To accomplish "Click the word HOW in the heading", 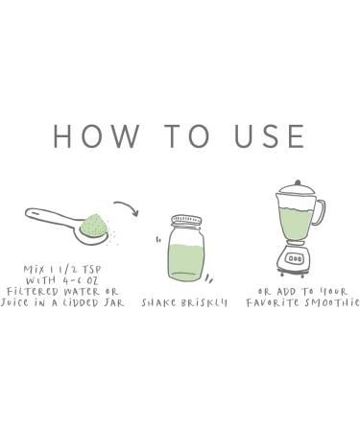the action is pos(96,136).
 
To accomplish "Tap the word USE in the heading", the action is pos(270,136).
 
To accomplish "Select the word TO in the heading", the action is pos(187,136).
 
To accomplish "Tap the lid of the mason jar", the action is pos(187,221).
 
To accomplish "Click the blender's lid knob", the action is pos(298,182).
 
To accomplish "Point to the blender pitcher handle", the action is pos(321,212).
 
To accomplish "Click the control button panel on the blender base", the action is pos(295,258).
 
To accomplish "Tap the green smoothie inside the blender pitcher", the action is pos(296,223).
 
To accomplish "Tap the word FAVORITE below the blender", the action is pos(274,302).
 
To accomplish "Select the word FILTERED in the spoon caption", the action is pos(33,292).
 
